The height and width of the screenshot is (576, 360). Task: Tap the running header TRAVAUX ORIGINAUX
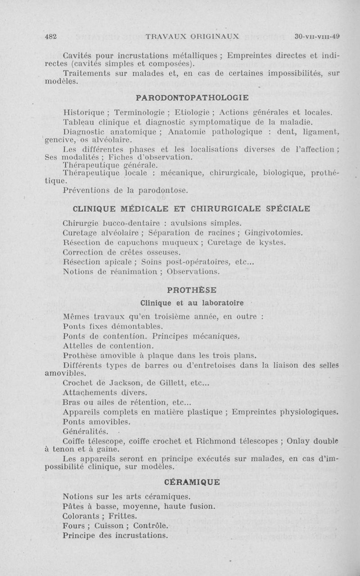(x=192, y=36)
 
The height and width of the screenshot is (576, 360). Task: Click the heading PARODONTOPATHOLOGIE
(x=192, y=97)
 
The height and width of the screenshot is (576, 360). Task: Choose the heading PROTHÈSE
(x=192, y=289)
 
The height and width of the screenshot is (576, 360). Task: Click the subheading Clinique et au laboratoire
(x=192, y=302)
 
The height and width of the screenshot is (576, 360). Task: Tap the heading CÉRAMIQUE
(x=192, y=482)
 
